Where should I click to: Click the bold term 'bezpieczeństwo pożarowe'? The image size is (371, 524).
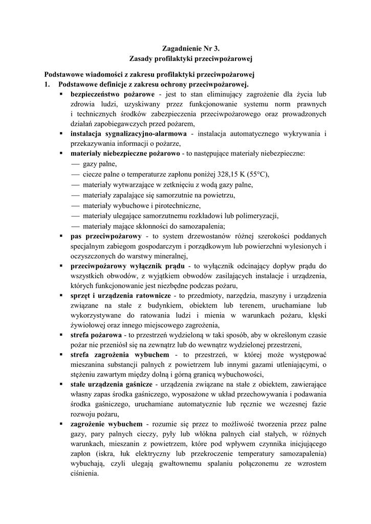(113, 95)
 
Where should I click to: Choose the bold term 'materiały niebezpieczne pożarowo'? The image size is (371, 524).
(125, 154)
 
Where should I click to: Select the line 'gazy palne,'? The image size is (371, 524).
(100, 164)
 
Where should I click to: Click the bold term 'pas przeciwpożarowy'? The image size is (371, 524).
(106, 236)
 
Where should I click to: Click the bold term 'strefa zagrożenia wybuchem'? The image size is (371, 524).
(119, 355)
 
